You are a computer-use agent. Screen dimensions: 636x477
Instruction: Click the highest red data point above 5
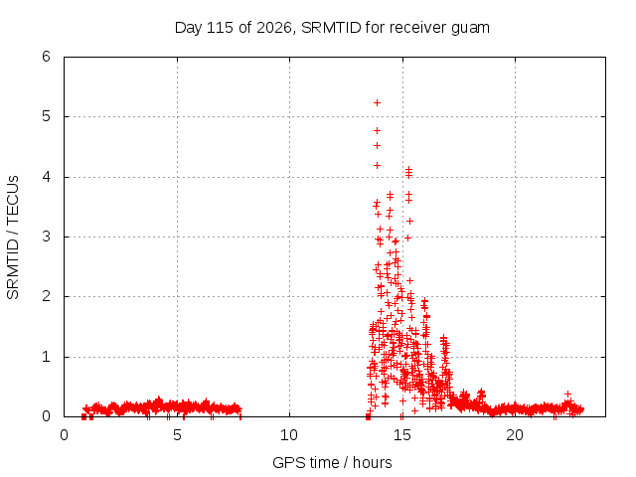coord(377,103)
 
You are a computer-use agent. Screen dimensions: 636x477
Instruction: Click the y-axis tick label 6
coord(47,57)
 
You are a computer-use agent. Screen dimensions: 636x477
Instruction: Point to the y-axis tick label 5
coord(47,116)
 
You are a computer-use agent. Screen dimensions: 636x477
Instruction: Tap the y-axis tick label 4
coord(47,177)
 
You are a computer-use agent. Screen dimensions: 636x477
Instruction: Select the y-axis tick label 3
coord(47,237)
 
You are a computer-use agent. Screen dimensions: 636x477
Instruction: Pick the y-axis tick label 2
coord(47,296)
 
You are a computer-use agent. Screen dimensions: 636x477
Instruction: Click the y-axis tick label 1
coord(47,357)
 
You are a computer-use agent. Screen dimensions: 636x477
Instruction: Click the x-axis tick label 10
coord(289,435)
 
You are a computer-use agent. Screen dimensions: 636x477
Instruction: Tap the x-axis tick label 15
coord(401,435)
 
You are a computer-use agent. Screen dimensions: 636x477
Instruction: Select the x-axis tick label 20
coord(515,435)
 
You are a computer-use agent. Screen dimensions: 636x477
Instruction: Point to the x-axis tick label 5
coord(177,435)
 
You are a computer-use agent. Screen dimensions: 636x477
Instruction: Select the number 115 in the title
coord(220,28)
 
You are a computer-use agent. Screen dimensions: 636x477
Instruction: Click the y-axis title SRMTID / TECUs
coord(13,238)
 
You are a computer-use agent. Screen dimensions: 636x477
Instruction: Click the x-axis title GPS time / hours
coord(332,462)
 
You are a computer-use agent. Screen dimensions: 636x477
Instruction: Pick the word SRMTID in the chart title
coord(331,28)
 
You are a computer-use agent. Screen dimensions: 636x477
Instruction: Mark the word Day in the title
coord(189,29)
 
